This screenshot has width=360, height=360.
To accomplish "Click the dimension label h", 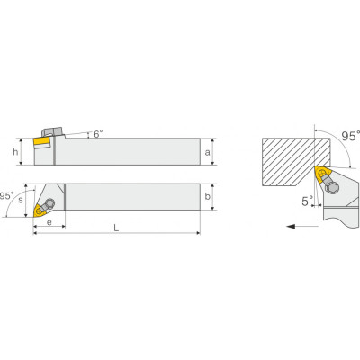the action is point(15,152).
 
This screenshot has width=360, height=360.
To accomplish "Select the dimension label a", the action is point(207,152).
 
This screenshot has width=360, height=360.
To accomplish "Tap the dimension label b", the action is point(207,196).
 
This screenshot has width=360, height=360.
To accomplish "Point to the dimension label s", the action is point(21,200).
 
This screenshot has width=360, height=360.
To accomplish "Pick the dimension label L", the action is point(116,228).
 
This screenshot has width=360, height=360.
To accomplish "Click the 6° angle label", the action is point(98,134).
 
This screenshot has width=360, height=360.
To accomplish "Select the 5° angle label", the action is point(308,201).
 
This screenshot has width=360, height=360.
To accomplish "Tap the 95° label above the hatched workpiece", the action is point(351,136).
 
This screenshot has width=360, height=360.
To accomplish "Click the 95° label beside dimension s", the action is point(6,196).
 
